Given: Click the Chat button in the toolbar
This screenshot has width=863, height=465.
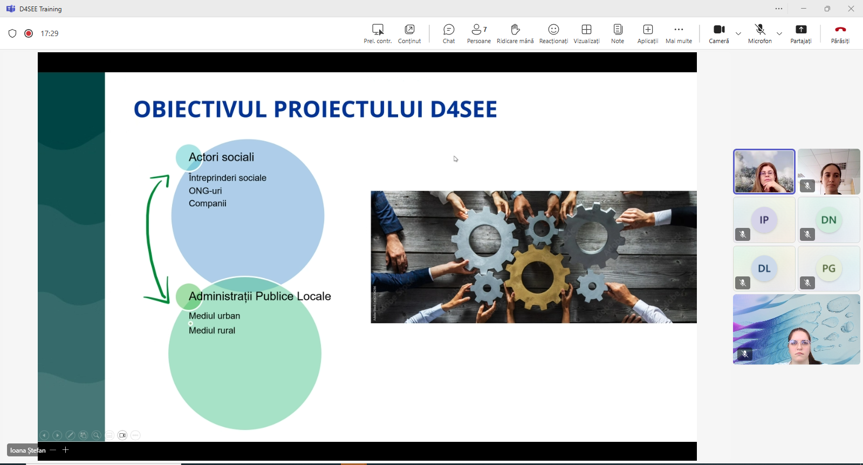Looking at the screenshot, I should (x=449, y=30).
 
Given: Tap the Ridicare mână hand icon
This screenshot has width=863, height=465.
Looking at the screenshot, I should (x=515, y=30).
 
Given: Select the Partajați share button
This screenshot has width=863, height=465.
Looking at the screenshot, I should (x=801, y=30).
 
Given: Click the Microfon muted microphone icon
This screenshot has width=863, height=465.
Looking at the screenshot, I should (x=760, y=30).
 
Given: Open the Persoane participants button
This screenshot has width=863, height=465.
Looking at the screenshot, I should (x=478, y=30).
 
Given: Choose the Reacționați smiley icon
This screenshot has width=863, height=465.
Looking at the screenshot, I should (x=553, y=30).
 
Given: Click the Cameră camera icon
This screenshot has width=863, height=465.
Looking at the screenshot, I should (x=719, y=30).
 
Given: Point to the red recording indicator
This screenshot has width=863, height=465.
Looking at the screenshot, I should (x=29, y=33).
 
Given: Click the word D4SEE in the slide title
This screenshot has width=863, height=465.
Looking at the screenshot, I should (x=463, y=109).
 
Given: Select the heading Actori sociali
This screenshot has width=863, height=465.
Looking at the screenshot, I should (x=221, y=157).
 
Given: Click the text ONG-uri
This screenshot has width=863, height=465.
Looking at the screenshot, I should (x=205, y=191).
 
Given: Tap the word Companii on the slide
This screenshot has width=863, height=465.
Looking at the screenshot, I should (x=207, y=204).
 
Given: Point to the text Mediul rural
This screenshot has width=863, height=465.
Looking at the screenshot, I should (x=212, y=330).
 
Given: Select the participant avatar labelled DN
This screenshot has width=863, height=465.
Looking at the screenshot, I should (x=828, y=220).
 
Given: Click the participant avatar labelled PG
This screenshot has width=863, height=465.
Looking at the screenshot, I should (x=828, y=268).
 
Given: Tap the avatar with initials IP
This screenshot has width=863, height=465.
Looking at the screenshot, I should (x=764, y=220).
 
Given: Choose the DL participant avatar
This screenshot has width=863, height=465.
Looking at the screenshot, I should (x=764, y=268).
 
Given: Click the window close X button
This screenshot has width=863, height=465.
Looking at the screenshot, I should (x=851, y=9).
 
